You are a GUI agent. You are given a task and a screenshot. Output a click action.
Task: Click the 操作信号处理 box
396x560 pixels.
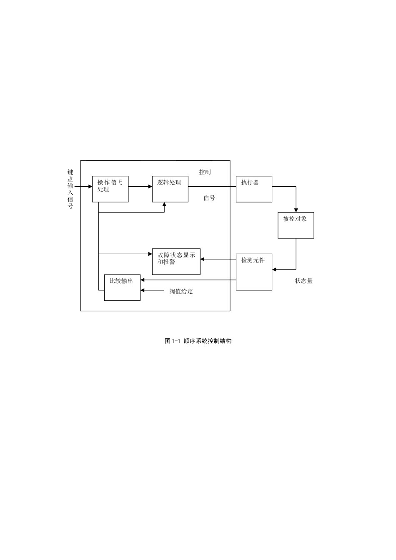(x=110, y=189)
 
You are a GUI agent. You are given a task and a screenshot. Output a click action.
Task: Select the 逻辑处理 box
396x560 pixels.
(x=170, y=189)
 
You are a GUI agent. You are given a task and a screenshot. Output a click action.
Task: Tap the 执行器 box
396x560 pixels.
(x=254, y=189)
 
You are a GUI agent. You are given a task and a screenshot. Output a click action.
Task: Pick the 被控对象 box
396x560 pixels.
(x=296, y=225)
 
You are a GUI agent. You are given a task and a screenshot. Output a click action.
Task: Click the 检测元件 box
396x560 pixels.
(x=254, y=272)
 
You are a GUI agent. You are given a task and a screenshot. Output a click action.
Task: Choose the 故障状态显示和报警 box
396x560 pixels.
(x=176, y=262)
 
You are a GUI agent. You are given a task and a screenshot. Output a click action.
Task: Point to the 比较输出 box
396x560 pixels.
(x=122, y=287)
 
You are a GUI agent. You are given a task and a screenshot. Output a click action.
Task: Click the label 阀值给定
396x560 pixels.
(x=181, y=292)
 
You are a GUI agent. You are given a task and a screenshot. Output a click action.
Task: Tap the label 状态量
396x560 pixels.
(x=304, y=281)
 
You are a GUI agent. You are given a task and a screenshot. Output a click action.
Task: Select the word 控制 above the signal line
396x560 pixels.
(x=205, y=172)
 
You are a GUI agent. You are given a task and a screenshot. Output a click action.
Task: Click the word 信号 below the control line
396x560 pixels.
(x=209, y=198)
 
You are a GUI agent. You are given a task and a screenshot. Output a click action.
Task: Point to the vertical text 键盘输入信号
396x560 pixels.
(x=70, y=189)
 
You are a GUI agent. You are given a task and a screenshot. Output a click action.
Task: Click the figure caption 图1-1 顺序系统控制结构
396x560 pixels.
(x=198, y=341)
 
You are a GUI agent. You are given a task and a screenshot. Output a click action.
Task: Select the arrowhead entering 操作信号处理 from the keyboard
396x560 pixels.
(x=90, y=187)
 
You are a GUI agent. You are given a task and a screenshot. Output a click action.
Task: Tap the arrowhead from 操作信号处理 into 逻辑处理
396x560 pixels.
(x=150, y=187)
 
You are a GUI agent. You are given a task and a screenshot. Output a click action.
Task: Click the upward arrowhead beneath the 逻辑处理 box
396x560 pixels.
(x=164, y=205)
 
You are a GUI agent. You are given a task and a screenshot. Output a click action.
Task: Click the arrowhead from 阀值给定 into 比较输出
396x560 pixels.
(x=143, y=290)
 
